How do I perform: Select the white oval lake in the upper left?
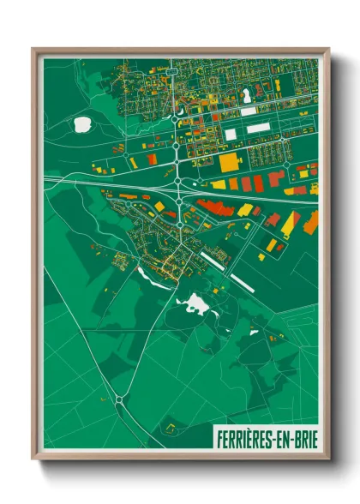pos(82,124)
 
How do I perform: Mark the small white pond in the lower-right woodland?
pos(254,332)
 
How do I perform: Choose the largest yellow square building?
pos(230,162)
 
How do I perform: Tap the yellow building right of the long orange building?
pos(246,210)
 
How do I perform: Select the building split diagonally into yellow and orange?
pos(291,223)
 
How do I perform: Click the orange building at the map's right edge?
pos(310,221)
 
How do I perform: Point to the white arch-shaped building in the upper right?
pos(248,95)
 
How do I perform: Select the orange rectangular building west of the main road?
pos(152,159)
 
